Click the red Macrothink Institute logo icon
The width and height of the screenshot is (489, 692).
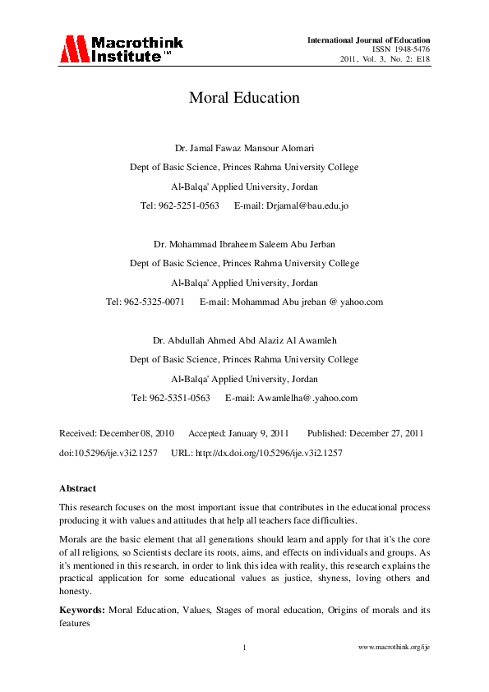pos(72,50)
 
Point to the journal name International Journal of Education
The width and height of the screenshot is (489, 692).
pos(368,40)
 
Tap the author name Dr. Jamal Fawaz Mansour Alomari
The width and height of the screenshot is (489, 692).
pos(244,149)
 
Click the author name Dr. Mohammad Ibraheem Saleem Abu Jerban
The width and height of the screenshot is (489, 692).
pos(244,245)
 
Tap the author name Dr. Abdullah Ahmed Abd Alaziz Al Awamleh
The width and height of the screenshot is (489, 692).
pos(244,340)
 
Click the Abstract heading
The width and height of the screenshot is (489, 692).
pos(77,488)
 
